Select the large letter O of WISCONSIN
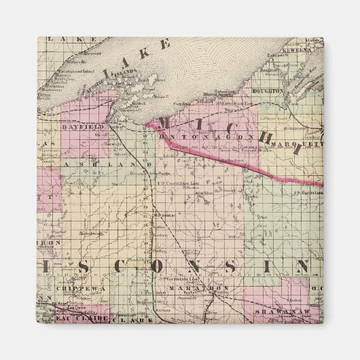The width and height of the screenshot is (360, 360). (175, 264)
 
